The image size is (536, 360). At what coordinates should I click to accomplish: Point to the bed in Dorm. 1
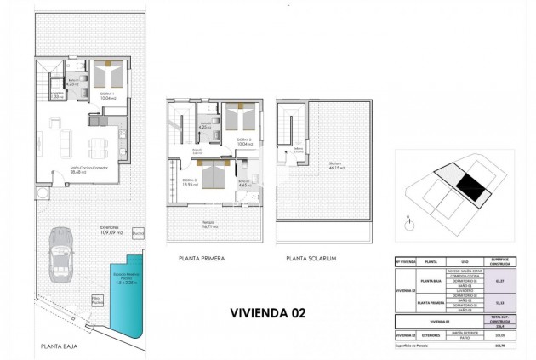tap(108, 75)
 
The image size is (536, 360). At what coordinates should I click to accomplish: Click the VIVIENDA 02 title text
tap(267, 312)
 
